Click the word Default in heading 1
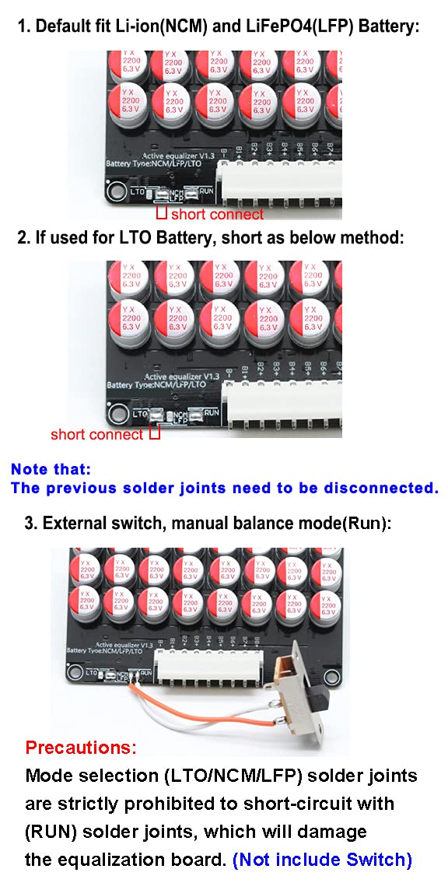63,26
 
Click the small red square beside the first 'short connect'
162,212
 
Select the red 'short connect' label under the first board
217,214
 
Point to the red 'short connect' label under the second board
97,434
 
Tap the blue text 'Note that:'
51,469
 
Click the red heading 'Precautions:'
81,748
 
